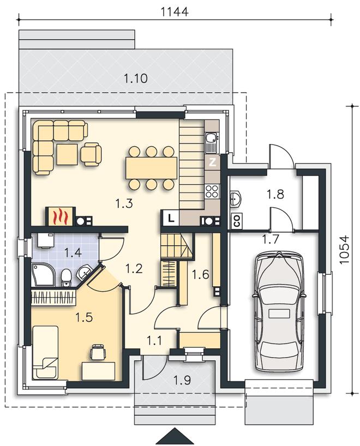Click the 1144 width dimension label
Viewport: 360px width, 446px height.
coord(175,12)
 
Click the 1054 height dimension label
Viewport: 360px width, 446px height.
coord(344,250)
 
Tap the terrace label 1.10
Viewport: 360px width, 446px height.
coord(136,78)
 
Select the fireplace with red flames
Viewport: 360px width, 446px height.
coord(61,216)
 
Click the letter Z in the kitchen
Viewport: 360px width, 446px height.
coord(212,162)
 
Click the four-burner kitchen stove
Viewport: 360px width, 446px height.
coord(212,191)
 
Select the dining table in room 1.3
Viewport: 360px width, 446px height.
coord(152,168)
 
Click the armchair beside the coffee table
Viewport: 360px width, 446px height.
coord(91,154)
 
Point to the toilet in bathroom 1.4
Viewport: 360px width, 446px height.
coord(66,278)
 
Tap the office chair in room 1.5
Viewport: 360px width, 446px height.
coord(98,352)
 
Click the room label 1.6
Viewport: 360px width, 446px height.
coord(201,274)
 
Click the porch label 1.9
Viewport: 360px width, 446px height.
coord(182,380)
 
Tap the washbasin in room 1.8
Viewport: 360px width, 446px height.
coord(236,198)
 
